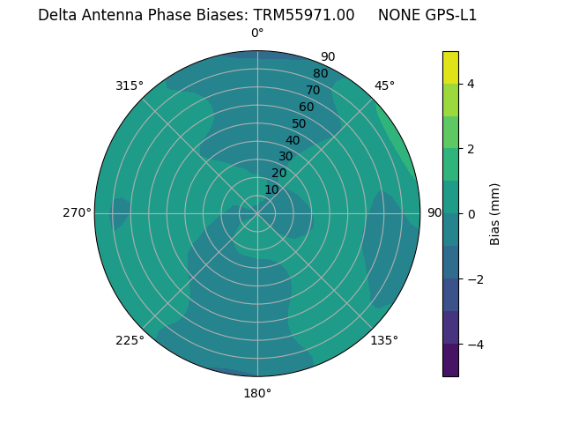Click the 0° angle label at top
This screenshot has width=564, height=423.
click(257, 33)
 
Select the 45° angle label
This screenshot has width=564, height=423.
click(384, 85)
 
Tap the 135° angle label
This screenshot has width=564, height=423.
click(384, 340)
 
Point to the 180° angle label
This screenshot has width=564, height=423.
click(257, 393)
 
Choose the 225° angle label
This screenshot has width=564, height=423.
click(130, 340)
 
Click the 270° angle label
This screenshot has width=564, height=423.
click(77, 212)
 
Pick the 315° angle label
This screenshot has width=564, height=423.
click(130, 85)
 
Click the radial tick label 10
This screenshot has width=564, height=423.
click(271, 189)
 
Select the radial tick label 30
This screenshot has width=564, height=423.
click(286, 156)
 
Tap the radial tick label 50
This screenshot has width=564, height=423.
click(300, 123)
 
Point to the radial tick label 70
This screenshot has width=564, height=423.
click(313, 90)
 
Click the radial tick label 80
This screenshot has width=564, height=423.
click(320, 74)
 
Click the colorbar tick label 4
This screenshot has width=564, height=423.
click(471, 84)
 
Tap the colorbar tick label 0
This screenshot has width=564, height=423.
click(471, 213)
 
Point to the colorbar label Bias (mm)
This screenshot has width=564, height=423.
click(495, 213)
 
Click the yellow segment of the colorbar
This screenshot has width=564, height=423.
click(450, 67)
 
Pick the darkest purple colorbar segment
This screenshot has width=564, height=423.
click(450, 360)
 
